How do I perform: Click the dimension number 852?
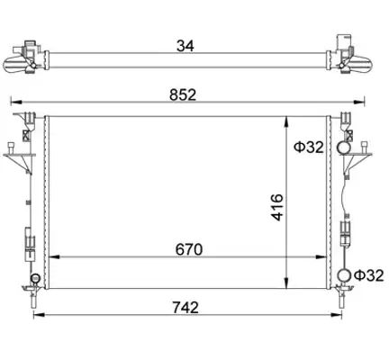coord(183,95)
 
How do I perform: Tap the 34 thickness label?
coord(185,46)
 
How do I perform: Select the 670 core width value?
coord(189,249)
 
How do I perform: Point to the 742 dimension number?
coord(185,308)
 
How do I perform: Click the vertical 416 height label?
coord(277,207)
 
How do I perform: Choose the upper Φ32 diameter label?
coord(309,148)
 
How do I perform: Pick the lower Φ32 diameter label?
coord(369,275)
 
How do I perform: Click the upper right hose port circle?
coord(343,147)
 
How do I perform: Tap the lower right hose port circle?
coord(344,275)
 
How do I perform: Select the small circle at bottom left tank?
coord(35,278)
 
